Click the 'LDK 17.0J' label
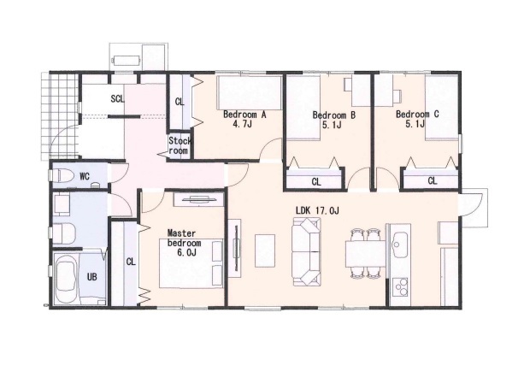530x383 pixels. click(x=317, y=210)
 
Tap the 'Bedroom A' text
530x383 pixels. click(x=244, y=115)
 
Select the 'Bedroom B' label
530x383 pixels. click(x=334, y=115)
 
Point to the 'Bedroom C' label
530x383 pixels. click(x=417, y=115)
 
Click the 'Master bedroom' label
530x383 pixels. click(x=185, y=238)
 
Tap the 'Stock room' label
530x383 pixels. click(x=180, y=145)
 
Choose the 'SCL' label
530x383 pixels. click(x=117, y=98)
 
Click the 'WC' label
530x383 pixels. click(x=85, y=176)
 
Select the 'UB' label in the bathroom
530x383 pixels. click(x=92, y=277)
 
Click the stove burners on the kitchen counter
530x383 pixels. click(x=400, y=287)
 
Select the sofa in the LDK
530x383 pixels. click(x=306, y=251)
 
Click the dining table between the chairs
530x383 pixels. click(x=366, y=254)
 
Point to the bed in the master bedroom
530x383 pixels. click(x=191, y=263)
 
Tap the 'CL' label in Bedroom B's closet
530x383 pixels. click(x=316, y=182)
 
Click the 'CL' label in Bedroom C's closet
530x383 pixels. click(x=433, y=181)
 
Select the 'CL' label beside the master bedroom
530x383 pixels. click(x=131, y=262)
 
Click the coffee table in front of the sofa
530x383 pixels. click(x=265, y=250)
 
